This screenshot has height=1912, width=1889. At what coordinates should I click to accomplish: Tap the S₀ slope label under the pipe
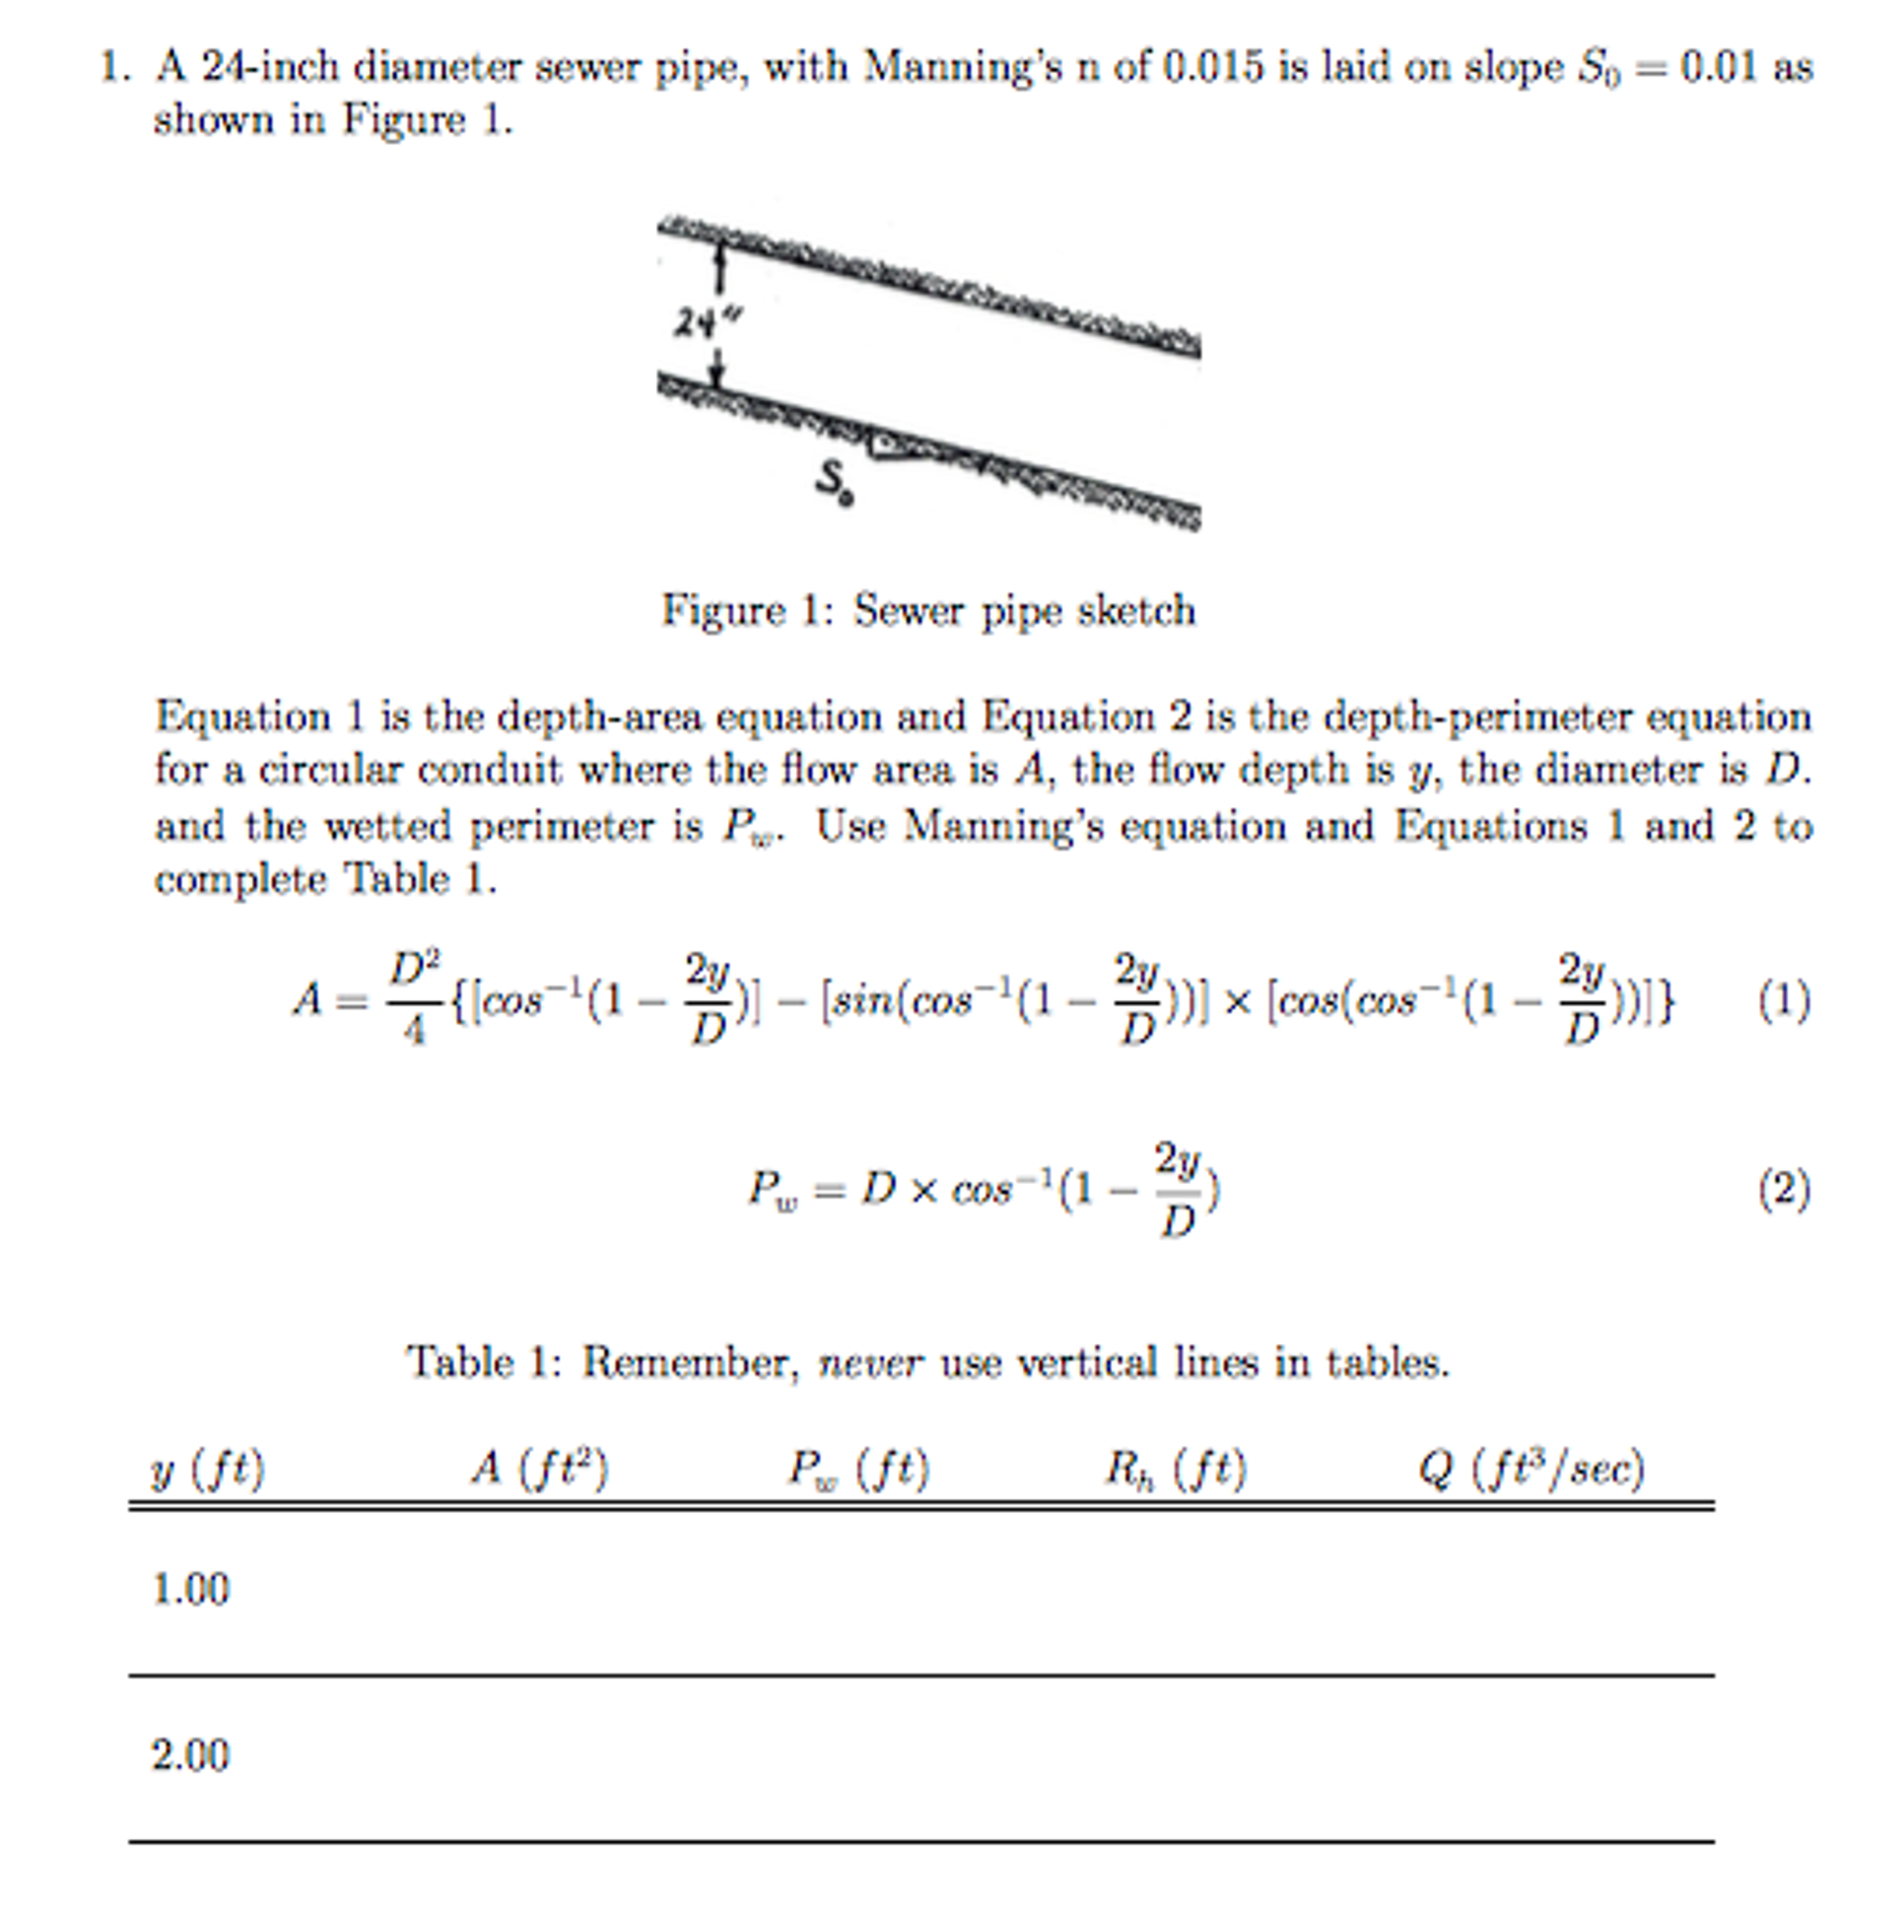coord(832,482)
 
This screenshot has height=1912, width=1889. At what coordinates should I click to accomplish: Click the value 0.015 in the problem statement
coord(1214,67)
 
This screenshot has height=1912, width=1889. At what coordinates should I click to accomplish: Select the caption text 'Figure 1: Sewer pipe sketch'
coord(929,610)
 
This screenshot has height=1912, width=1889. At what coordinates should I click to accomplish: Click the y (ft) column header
coord(207,1468)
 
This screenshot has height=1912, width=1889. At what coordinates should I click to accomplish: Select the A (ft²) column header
coord(539,1468)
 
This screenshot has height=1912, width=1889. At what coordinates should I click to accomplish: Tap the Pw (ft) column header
coord(858,1468)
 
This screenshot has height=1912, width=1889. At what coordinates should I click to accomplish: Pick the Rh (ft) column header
coord(1175,1468)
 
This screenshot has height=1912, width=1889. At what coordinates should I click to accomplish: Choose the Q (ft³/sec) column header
coord(1531,1468)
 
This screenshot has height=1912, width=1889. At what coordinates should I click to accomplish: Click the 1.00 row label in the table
coord(190,1590)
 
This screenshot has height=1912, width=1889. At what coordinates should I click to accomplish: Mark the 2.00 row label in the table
coord(190,1755)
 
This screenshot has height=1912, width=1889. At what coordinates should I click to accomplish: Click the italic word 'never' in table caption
coord(870,1363)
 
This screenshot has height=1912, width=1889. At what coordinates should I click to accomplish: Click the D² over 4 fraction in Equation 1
coord(414,997)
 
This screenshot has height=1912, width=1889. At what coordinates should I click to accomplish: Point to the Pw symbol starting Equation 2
coord(773,1190)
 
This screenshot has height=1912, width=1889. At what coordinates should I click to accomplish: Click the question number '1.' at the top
coord(116,67)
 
